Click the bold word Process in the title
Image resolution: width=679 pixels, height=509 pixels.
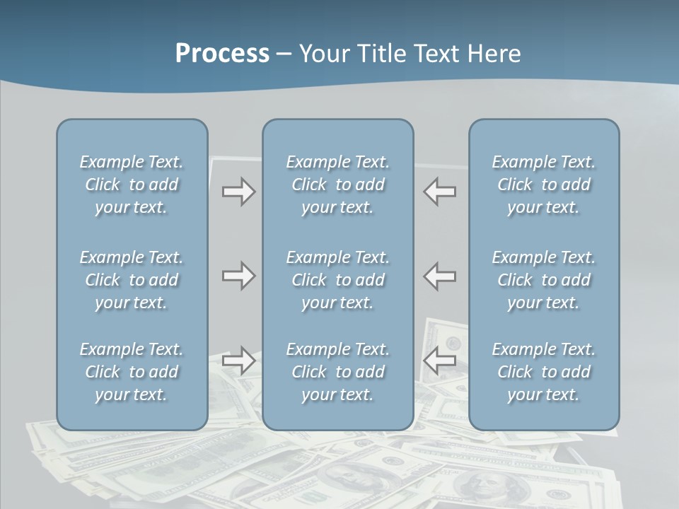[222, 54]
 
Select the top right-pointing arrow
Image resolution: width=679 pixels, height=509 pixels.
[238, 192]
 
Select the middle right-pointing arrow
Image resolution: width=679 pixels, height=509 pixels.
[238, 276]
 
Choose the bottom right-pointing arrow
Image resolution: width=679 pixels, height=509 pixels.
[238, 361]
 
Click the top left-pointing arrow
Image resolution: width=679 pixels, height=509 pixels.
[440, 192]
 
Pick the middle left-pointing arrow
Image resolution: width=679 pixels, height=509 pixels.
[440, 276]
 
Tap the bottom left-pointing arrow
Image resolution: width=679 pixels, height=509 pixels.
[440, 361]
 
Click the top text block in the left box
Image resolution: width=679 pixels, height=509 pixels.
[132, 185]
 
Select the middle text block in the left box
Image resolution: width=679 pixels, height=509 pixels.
[132, 280]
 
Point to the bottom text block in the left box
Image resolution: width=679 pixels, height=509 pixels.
[132, 372]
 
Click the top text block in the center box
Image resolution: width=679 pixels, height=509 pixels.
[337, 185]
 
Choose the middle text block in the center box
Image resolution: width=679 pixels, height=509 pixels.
[337, 280]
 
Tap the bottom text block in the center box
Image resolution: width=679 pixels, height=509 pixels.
[337, 372]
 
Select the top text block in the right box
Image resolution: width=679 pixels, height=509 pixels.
[543, 185]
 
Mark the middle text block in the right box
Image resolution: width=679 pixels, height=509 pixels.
[543, 280]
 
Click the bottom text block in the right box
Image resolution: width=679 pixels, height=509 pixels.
[543, 372]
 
